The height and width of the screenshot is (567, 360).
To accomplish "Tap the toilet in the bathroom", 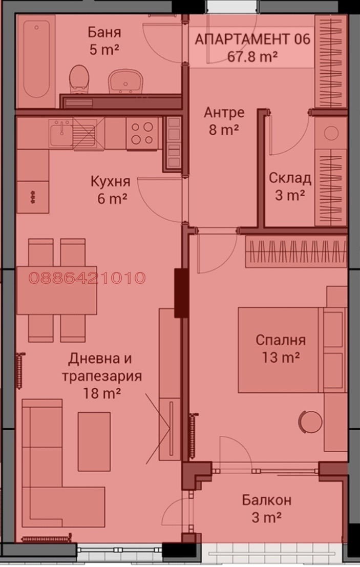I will coord(78,80).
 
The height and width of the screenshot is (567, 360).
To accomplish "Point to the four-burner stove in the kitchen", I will coord(142,133).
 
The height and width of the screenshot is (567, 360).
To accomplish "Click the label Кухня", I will coord(110,181).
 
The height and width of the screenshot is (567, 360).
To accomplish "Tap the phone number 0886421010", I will coord(87,278).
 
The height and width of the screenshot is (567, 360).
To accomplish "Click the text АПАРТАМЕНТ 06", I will coord(253,39).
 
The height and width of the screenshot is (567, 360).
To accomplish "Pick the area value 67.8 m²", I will coord(253,57).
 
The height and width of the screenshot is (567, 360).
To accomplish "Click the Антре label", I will coord(224,112).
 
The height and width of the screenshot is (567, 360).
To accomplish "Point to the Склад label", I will coord(290,178).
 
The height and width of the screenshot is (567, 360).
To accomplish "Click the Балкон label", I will coord(267,500).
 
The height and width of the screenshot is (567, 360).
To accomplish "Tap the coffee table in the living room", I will coord(94,441).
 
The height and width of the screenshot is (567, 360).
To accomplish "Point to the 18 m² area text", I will coord(102,393).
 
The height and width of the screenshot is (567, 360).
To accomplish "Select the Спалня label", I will coord(280,340).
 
